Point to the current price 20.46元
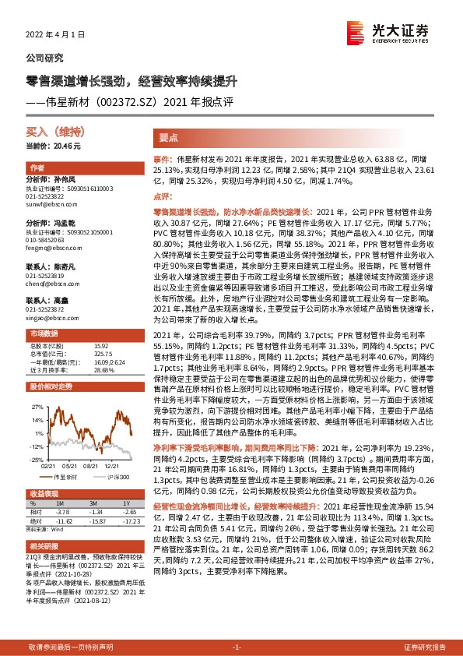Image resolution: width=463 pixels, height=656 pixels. (54, 146)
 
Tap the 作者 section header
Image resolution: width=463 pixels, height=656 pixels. (37, 168)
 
